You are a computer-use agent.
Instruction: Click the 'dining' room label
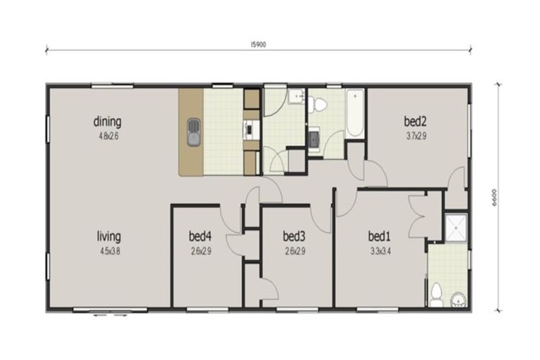(x=108, y=122)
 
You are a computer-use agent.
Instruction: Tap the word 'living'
(x=109, y=236)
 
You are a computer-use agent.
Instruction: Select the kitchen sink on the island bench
(x=194, y=132)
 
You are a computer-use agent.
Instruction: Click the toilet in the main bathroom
(x=320, y=105)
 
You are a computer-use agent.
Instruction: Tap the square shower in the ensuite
(x=455, y=225)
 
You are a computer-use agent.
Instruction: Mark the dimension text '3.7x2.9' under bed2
(x=416, y=136)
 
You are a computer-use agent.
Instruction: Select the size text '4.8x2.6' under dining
(x=108, y=136)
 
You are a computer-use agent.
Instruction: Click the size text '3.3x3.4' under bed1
(x=379, y=250)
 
